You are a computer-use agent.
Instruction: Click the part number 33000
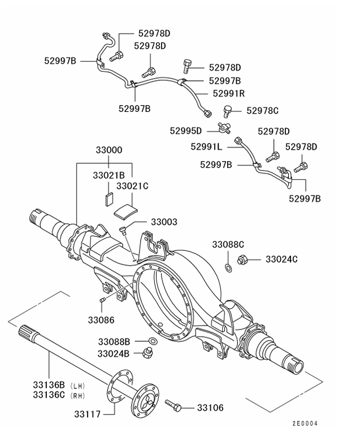tap(109, 151)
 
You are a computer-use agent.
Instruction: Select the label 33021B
tap(109, 176)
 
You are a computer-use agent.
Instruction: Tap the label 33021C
tap(132, 185)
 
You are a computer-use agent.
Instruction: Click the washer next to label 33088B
tap(153, 342)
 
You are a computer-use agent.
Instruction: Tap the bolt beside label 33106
tap(174, 405)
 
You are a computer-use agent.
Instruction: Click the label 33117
tap(87, 414)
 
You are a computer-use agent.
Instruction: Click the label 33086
tap(101, 320)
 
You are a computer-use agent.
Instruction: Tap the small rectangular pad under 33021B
tap(109, 198)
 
